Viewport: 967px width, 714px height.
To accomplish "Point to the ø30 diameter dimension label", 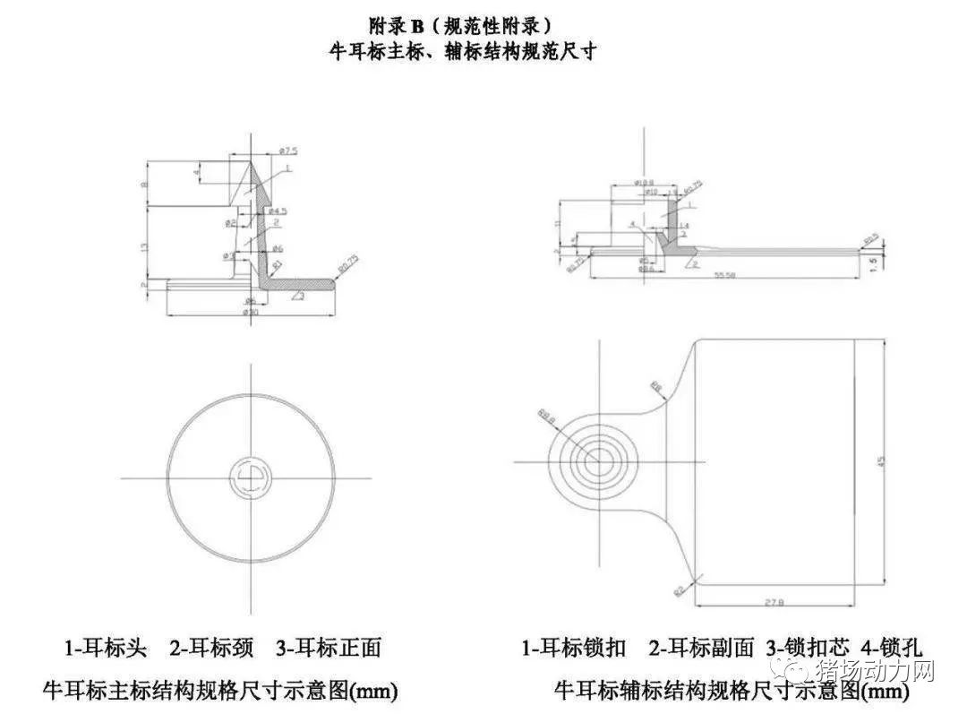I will (x=252, y=312).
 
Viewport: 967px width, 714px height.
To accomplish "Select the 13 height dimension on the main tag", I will (x=144, y=246).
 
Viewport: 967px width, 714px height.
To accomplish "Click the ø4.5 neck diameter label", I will (x=278, y=211).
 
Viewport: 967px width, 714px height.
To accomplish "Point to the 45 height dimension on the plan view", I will (x=881, y=461).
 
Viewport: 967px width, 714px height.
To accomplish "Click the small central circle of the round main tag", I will (x=251, y=477).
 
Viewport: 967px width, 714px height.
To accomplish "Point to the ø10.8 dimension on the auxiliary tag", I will (x=645, y=183).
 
